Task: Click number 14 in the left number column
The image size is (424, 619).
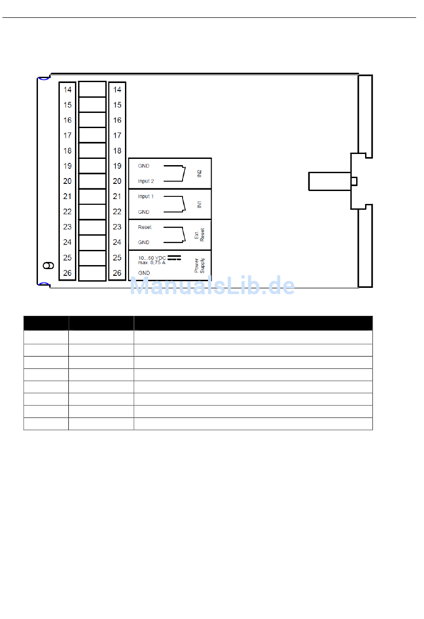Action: pos(67,90)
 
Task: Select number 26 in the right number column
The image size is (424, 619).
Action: pos(117,273)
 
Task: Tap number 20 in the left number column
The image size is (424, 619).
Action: pos(67,181)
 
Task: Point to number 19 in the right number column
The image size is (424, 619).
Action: pos(117,166)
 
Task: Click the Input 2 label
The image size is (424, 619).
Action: pos(146,181)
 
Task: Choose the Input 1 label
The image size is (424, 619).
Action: pos(145,196)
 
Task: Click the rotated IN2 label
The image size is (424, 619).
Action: pos(200,174)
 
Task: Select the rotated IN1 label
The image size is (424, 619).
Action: pos(200,204)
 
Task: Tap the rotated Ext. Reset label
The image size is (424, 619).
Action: pos(200,235)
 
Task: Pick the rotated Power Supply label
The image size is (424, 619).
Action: pos(200,266)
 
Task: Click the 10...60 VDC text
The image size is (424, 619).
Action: pos(152,258)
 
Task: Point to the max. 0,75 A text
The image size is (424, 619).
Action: pos(151,262)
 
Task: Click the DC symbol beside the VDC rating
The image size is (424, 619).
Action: pos(174,258)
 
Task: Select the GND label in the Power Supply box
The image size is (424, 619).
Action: pos(144,273)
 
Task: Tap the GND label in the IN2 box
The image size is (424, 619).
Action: pos(144,166)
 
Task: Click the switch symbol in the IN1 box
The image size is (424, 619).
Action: pos(175,204)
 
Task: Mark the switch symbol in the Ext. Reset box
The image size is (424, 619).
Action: pos(175,235)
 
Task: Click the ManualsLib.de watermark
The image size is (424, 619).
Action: pos(212,286)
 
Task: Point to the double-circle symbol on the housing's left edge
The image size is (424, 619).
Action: pos(48,266)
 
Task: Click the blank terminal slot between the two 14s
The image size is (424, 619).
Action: pos(92,89)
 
